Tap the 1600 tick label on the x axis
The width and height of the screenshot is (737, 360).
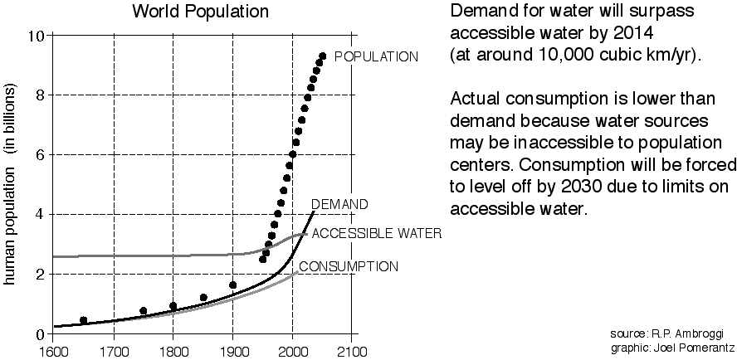click(52, 349)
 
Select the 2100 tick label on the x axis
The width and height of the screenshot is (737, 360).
click(352, 349)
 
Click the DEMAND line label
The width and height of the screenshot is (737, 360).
click(339, 204)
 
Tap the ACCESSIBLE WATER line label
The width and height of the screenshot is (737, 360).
click(376, 233)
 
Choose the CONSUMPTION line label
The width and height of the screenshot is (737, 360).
click(348, 266)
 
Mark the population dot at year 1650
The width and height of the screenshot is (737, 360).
click(83, 320)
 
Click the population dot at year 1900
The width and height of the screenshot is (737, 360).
click(232, 285)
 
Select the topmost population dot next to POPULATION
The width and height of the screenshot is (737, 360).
click(322, 56)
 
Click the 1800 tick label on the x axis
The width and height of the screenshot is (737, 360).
click(173, 349)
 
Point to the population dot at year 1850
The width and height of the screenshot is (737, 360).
click(203, 297)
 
